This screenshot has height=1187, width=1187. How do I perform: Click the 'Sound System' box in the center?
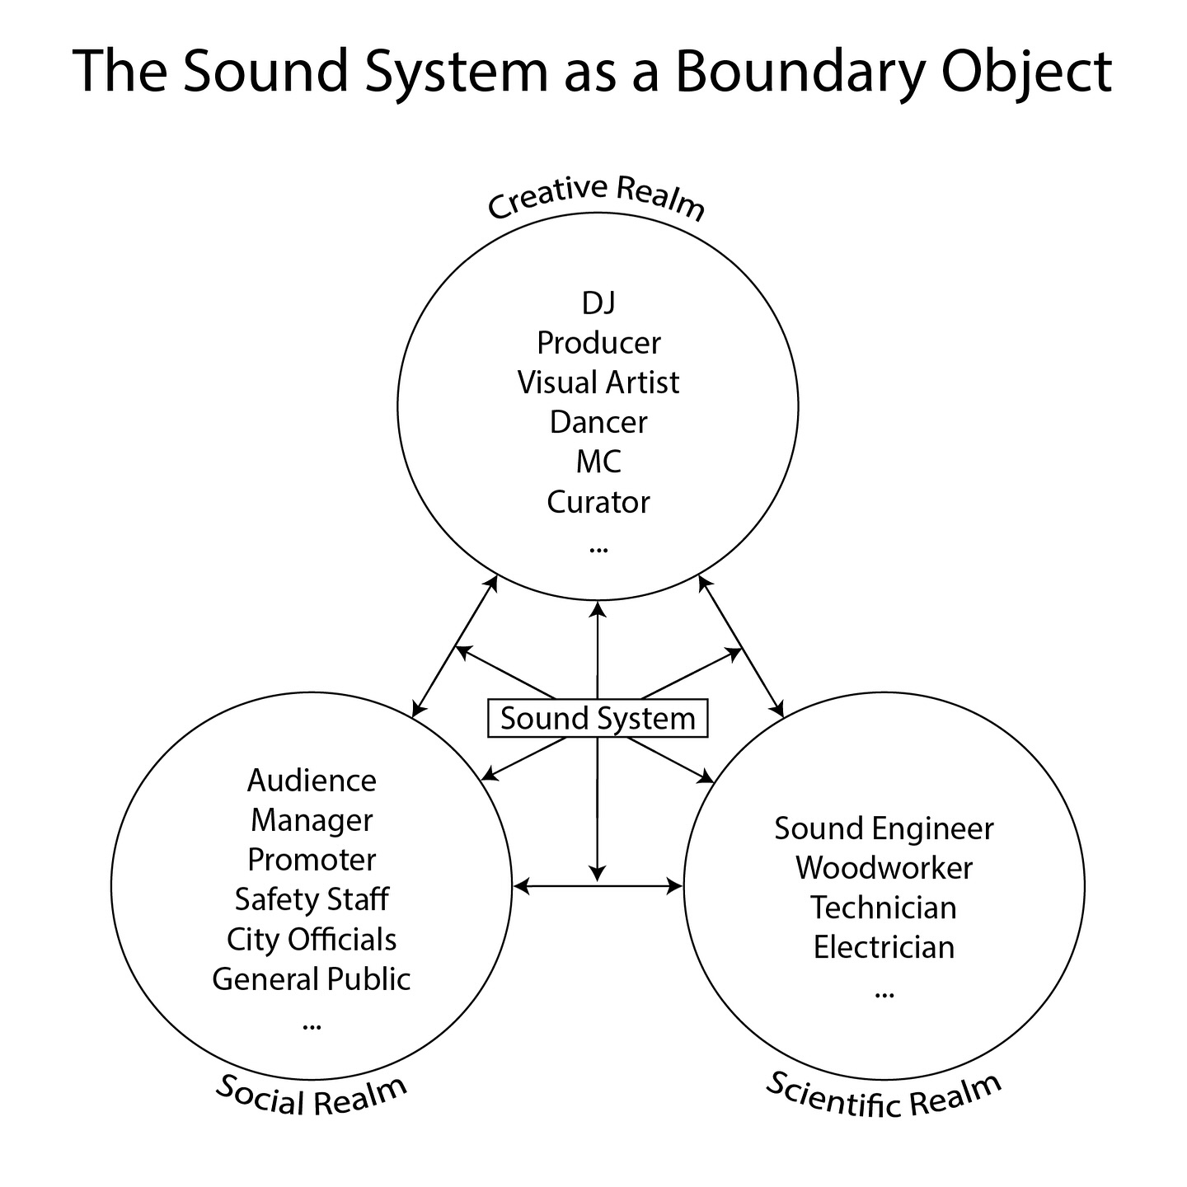pyautogui.click(x=598, y=718)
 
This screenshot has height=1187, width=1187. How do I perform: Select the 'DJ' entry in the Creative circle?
pyautogui.click(x=598, y=303)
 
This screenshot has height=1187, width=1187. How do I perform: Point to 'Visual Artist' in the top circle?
pyautogui.click(x=598, y=382)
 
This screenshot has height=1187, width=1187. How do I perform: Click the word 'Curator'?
pyautogui.click(x=598, y=502)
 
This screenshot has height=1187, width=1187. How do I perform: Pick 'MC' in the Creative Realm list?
pyautogui.click(x=598, y=462)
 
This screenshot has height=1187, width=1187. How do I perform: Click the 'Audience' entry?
pyautogui.click(x=312, y=781)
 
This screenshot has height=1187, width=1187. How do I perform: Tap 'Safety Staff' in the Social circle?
pyautogui.click(x=312, y=898)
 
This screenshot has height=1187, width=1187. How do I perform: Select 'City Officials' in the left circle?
pyautogui.click(x=312, y=939)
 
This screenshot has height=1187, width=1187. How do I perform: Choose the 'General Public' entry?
pyautogui.click(x=312, y=978)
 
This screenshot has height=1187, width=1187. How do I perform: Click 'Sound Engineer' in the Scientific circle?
pyautogui.click(x=884, y=828)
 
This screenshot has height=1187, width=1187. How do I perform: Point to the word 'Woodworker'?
pyautogui.click(x=884, y=868)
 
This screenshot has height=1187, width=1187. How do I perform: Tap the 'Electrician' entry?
pyautogui.click(x=884, y=947)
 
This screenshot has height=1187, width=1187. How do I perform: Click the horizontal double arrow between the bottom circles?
pyautogui.click(x=598, y=887)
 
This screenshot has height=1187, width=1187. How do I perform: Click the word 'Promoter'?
pyautogui.click(x=312, y=860)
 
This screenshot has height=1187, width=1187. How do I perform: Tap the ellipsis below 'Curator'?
pyautogui.click(x=598, y=548)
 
